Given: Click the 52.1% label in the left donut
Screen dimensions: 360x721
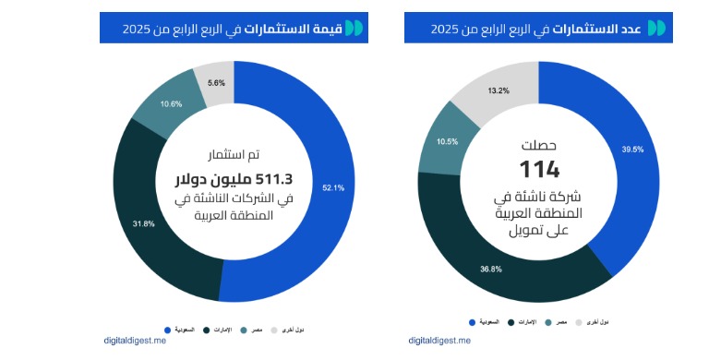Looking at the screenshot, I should coord(333,188).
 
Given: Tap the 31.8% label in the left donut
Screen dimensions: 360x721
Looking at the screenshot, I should coord(144,223).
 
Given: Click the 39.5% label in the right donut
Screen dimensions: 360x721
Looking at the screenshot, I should coord(633,149).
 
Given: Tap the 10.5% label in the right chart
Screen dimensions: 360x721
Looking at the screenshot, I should coord(447,141).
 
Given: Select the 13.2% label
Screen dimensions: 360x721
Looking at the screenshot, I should coord(499,90).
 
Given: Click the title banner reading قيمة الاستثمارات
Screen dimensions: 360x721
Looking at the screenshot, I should coord(234,29).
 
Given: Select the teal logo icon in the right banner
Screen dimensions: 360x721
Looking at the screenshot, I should coord(656,29).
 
